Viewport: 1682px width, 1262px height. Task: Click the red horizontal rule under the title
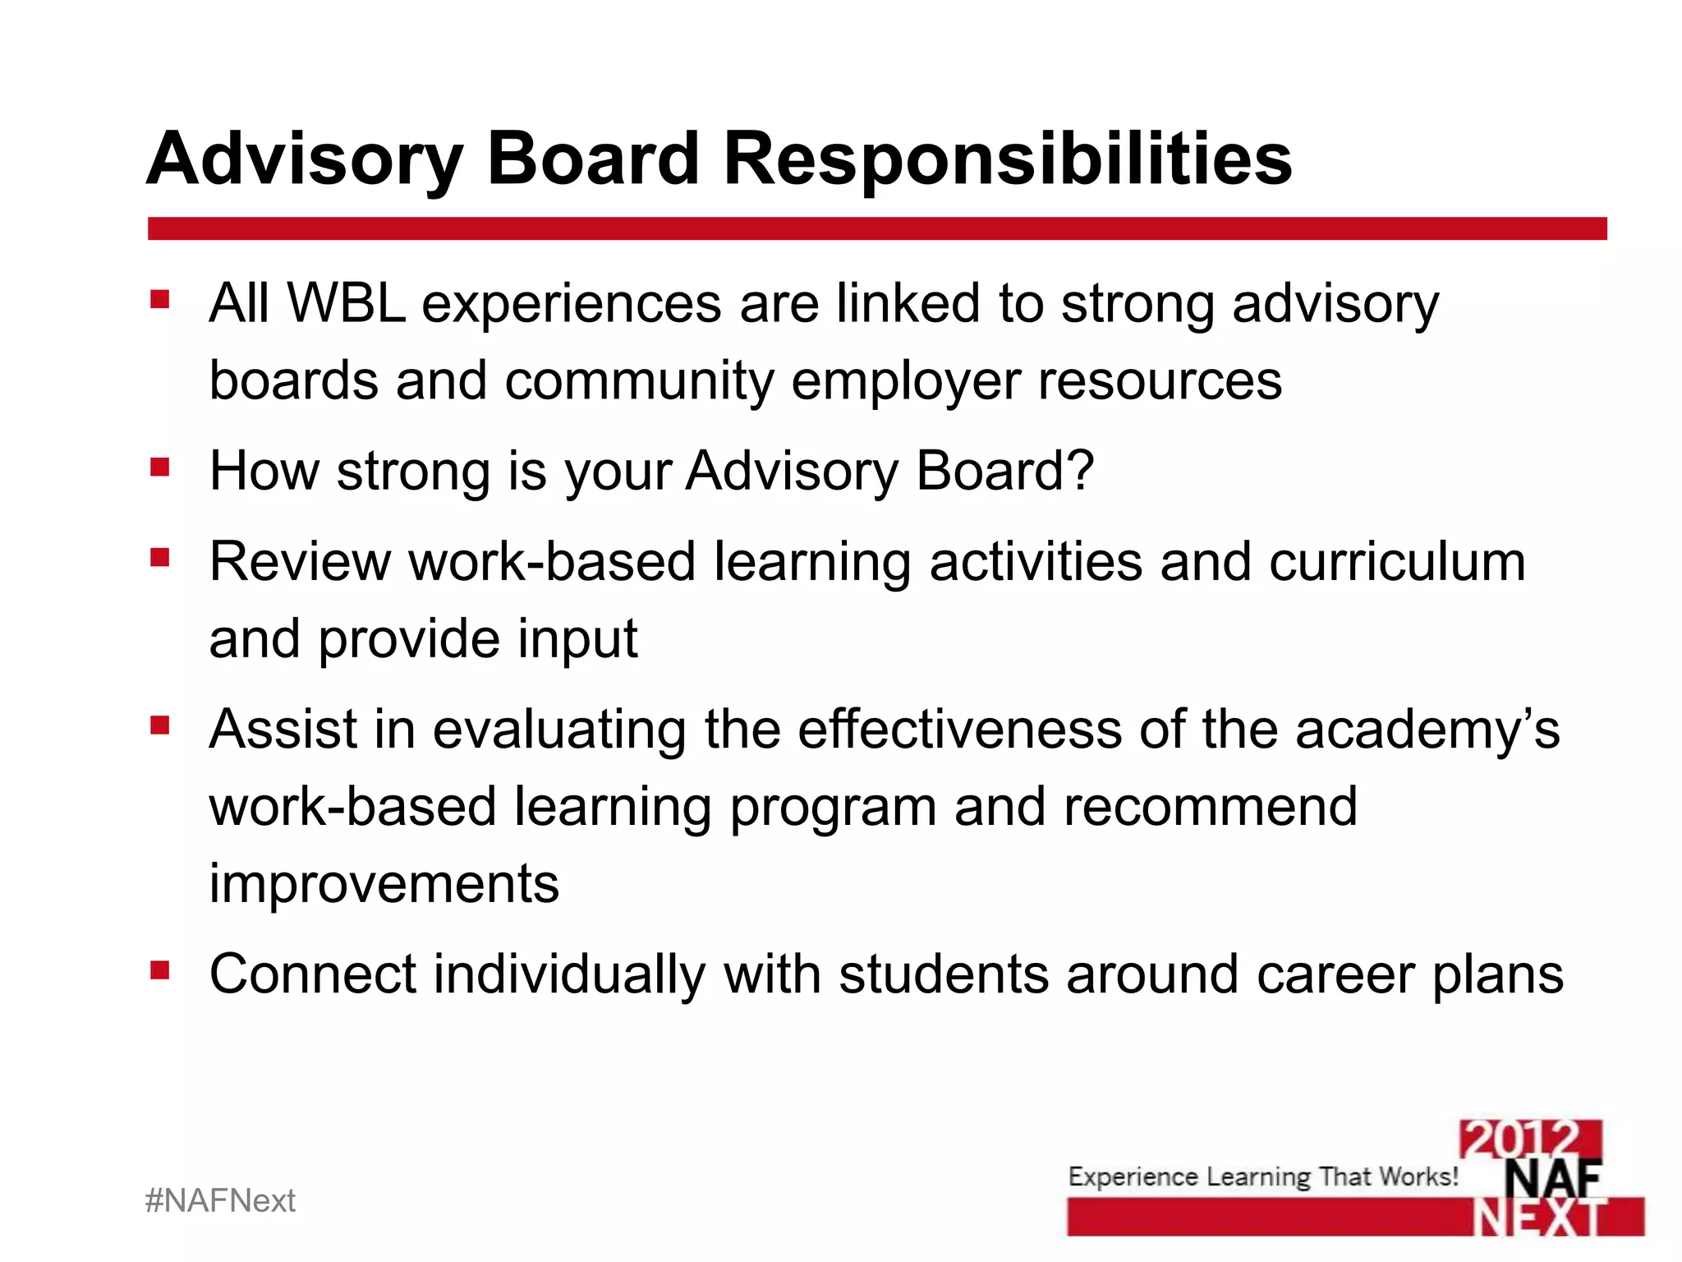click(876, 228)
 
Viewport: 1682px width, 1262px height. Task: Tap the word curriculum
click(1396, 562)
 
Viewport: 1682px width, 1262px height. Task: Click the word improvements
click(384, 884)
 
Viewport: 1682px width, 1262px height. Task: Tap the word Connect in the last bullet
click(313, 974)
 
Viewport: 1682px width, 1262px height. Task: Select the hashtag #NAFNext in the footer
click(220, 1201)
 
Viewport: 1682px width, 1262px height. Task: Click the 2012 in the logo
click(1529, 1139)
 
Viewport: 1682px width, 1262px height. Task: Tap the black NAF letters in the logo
click(1552, 1180)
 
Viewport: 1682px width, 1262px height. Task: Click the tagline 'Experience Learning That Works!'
click(1262, 1177)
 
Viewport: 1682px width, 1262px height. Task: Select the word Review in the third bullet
click(300, 562)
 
